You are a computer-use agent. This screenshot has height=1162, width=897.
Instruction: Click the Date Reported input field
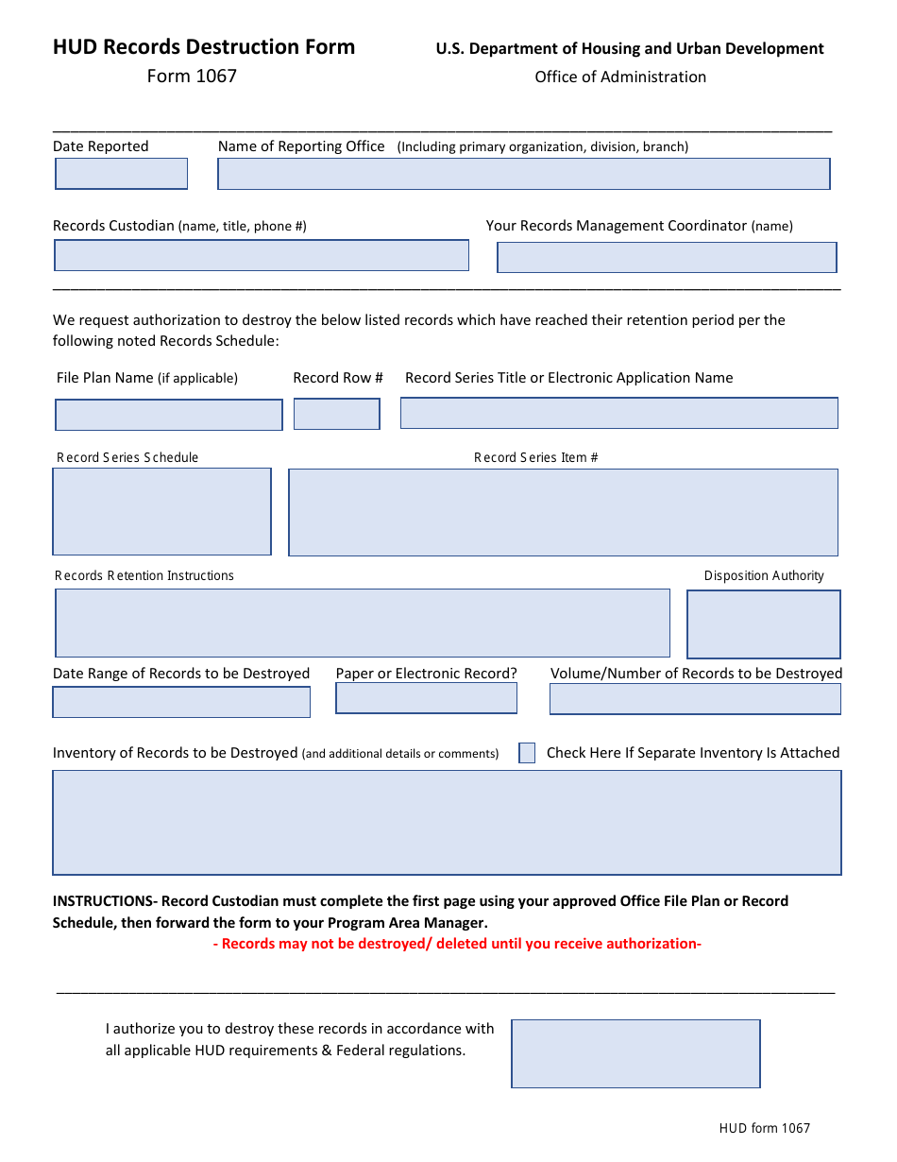coord(121,174)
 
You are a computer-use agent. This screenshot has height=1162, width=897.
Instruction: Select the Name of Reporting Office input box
coord(523,174)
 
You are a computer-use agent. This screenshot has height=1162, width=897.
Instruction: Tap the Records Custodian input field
coord(261,255)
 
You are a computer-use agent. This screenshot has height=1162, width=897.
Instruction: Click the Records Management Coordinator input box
coord(667,257)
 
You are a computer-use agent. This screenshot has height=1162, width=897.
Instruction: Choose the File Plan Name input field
coord(168,415)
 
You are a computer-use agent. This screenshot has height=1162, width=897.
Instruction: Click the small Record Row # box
coord(336,414)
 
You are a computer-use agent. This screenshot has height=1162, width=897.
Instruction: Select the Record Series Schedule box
coord(161,511)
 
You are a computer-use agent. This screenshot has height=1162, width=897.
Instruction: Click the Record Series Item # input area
coord(563,512)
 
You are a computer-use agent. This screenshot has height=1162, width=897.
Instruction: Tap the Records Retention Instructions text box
coord(363,623)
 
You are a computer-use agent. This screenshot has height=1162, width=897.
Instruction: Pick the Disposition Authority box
coord(763,624)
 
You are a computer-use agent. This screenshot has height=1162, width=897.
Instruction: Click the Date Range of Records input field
coord(181,702)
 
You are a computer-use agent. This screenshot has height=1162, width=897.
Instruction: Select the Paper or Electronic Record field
coord(426,698)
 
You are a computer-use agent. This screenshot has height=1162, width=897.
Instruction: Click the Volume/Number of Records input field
coord(695,699)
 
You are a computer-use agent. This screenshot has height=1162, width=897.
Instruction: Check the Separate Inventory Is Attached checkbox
coord(527,753)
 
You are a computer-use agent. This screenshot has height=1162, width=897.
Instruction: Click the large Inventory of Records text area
coord(447,822)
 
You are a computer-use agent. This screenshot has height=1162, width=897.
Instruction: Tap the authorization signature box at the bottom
coord(635,1053)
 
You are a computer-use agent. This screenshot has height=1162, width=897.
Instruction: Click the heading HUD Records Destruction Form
coord(204,47)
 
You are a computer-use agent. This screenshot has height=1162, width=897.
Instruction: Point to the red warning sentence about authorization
coord(457,944)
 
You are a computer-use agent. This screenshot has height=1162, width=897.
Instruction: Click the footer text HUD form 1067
coord(764,1128)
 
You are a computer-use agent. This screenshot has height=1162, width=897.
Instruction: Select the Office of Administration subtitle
coord(620,77)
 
